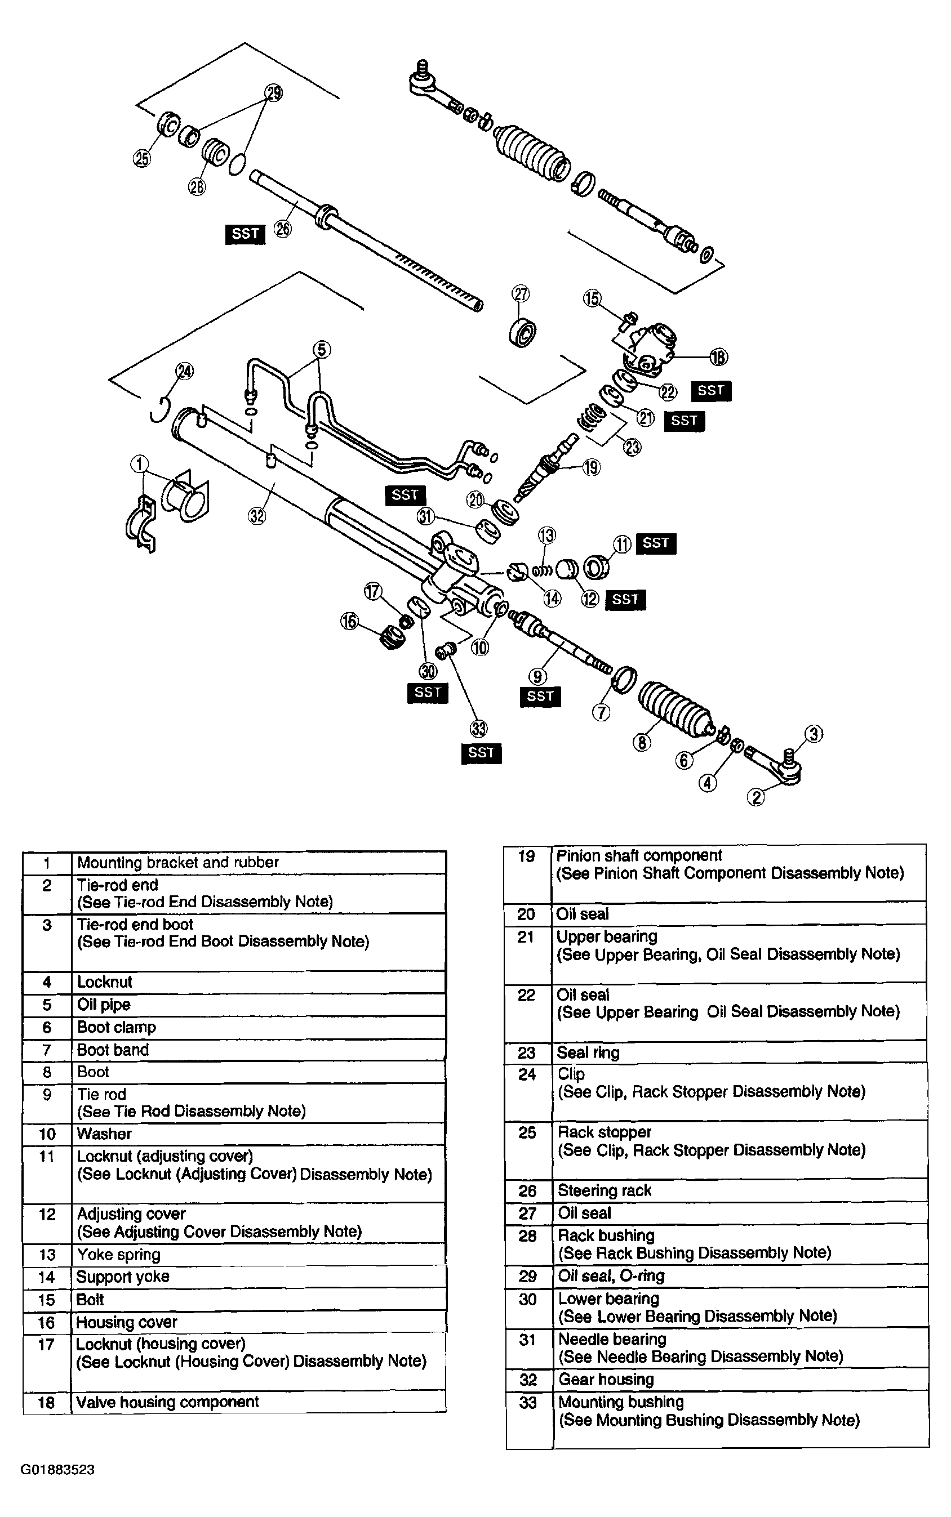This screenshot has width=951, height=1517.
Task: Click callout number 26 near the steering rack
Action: [283, 229]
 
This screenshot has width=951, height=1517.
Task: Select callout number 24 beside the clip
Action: [184, 372]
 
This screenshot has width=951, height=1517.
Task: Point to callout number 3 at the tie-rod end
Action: [814, 734]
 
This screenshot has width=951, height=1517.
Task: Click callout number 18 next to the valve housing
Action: [718, 357]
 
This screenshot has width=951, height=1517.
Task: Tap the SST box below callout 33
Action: [481, 752]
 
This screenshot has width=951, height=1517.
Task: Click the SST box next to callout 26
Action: [245, 234]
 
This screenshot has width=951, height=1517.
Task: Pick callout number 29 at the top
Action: [274, 93]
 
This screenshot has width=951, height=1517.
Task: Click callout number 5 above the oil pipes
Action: [321, 350]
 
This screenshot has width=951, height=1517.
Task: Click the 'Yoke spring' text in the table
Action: [118, 1254]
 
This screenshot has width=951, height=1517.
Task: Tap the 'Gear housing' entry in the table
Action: [606, 1378]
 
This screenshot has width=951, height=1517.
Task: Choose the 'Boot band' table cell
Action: [113, 1049]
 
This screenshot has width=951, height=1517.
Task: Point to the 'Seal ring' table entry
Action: [588, 1052]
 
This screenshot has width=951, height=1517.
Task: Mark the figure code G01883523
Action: [58, 1469]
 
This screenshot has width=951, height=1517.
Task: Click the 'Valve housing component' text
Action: [167, 1402]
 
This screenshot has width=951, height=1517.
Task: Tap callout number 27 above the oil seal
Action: [521, 293]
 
